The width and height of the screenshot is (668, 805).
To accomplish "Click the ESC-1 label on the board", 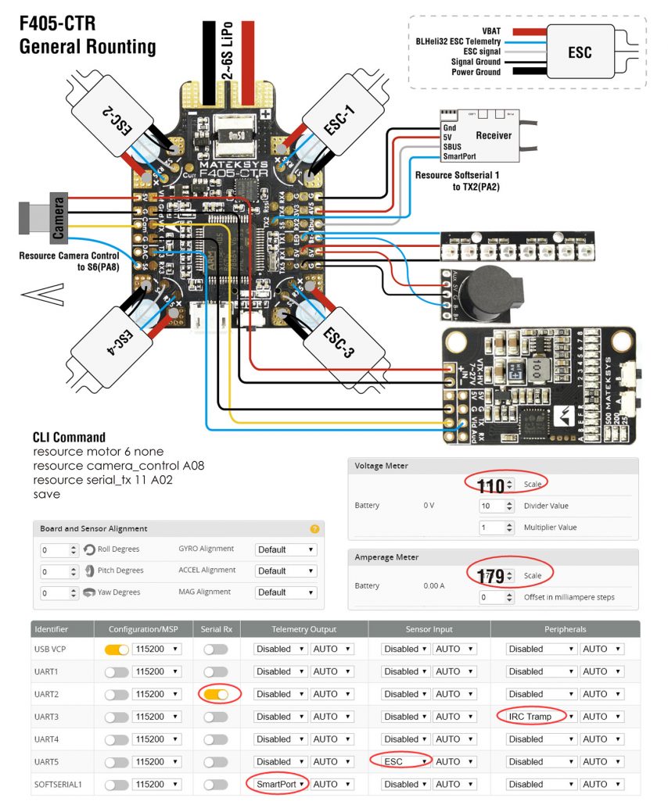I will (x=339, y=116).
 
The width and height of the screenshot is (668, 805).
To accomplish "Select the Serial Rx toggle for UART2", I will (x=214, y=693).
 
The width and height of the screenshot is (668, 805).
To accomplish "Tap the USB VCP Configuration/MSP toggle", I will (x=116, y=649).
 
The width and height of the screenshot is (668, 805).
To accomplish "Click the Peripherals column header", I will (x=565, y=628).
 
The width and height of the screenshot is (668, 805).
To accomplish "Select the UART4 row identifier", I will (x=47, y=739).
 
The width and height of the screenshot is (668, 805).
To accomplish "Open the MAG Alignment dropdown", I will (x=286, y=592).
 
